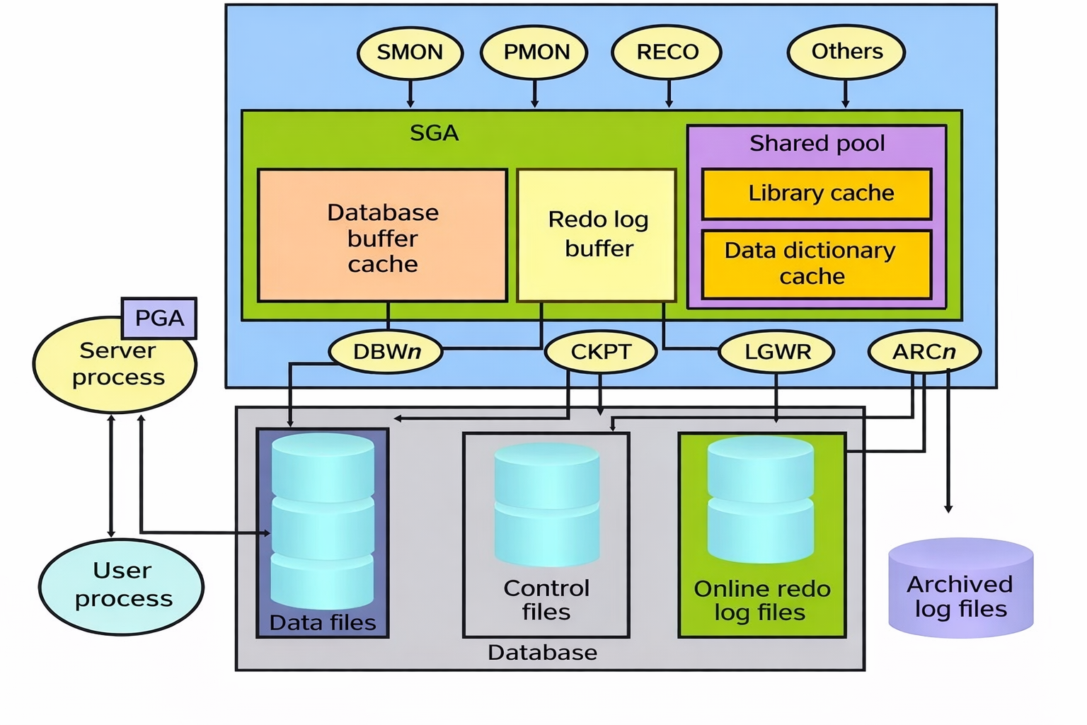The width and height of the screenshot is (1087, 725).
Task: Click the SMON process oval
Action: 410,52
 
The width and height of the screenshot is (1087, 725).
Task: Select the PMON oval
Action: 535,52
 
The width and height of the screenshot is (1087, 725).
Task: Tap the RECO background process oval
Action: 667,52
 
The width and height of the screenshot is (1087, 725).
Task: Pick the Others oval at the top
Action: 846,52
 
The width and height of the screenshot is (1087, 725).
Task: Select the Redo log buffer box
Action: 597,235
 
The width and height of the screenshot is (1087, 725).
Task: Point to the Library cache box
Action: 817,193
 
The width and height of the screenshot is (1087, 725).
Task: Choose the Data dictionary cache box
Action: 817,263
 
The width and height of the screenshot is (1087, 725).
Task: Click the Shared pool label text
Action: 817,143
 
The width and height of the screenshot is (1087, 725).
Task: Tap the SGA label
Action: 434,133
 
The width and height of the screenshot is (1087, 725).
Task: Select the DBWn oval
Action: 386,352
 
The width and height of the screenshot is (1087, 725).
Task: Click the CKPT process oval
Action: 601,352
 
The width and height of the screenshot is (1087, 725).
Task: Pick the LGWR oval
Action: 776,352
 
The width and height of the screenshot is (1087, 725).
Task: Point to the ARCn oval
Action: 924,352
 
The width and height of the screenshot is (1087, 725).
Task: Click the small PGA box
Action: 159,318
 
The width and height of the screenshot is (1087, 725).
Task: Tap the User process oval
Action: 122,586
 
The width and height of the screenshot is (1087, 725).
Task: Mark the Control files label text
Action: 546,600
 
